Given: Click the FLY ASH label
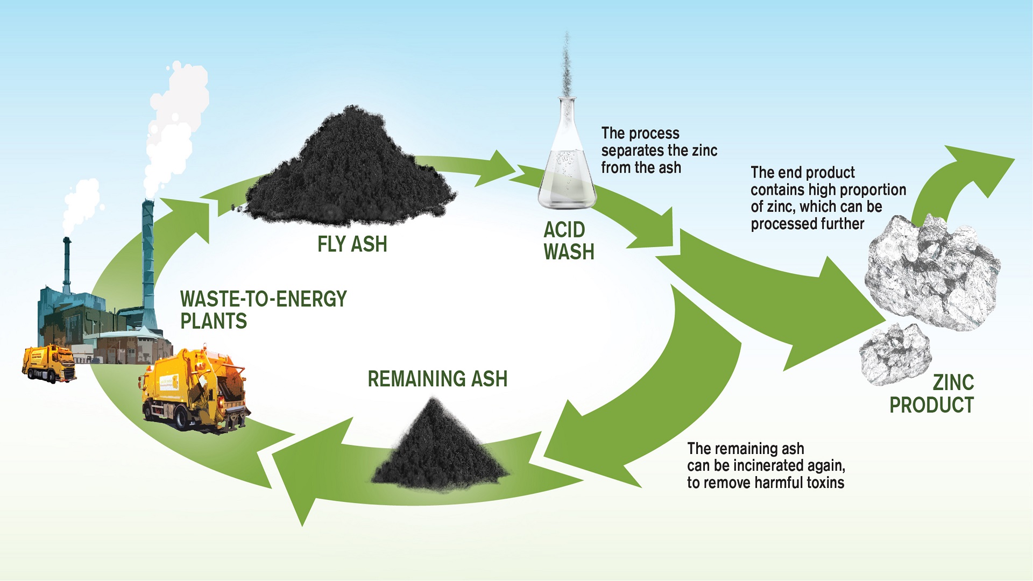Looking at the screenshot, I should (x=352, y=244).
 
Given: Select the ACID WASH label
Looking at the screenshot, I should (x=568, y=240).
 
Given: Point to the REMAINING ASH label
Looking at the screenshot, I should (x=437, y=379).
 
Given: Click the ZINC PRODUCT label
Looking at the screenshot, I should (x=932, y=394).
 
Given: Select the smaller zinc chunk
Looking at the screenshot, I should (x=894, y=353).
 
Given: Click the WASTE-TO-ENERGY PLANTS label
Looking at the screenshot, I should (x=263, y=310).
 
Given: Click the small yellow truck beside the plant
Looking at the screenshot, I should (x=48, y=363).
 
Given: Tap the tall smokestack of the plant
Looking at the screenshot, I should (x=148, y=258).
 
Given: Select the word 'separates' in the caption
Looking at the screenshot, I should (x=632, y=151).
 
